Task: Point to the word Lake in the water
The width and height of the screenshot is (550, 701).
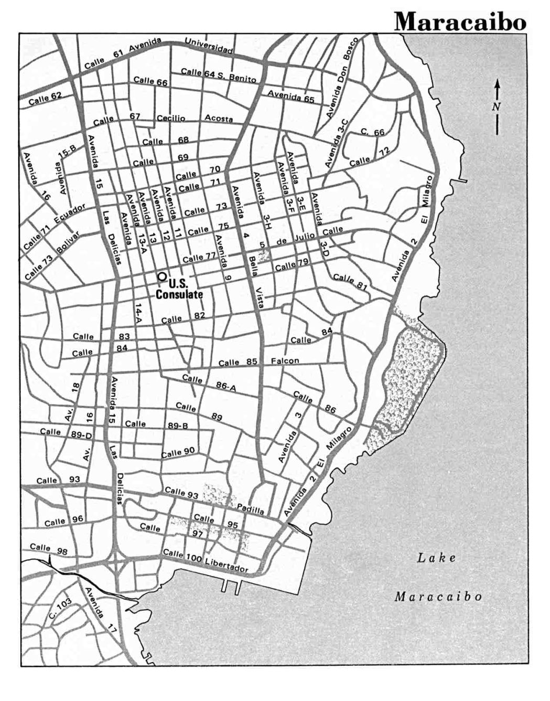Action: click(436, 558)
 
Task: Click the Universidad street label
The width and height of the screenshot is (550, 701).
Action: click(208, 47)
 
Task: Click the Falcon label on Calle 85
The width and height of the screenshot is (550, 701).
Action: click(285, 361)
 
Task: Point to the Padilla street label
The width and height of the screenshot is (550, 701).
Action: click(250, 509)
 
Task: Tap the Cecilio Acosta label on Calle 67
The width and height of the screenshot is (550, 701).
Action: click(195, 119)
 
